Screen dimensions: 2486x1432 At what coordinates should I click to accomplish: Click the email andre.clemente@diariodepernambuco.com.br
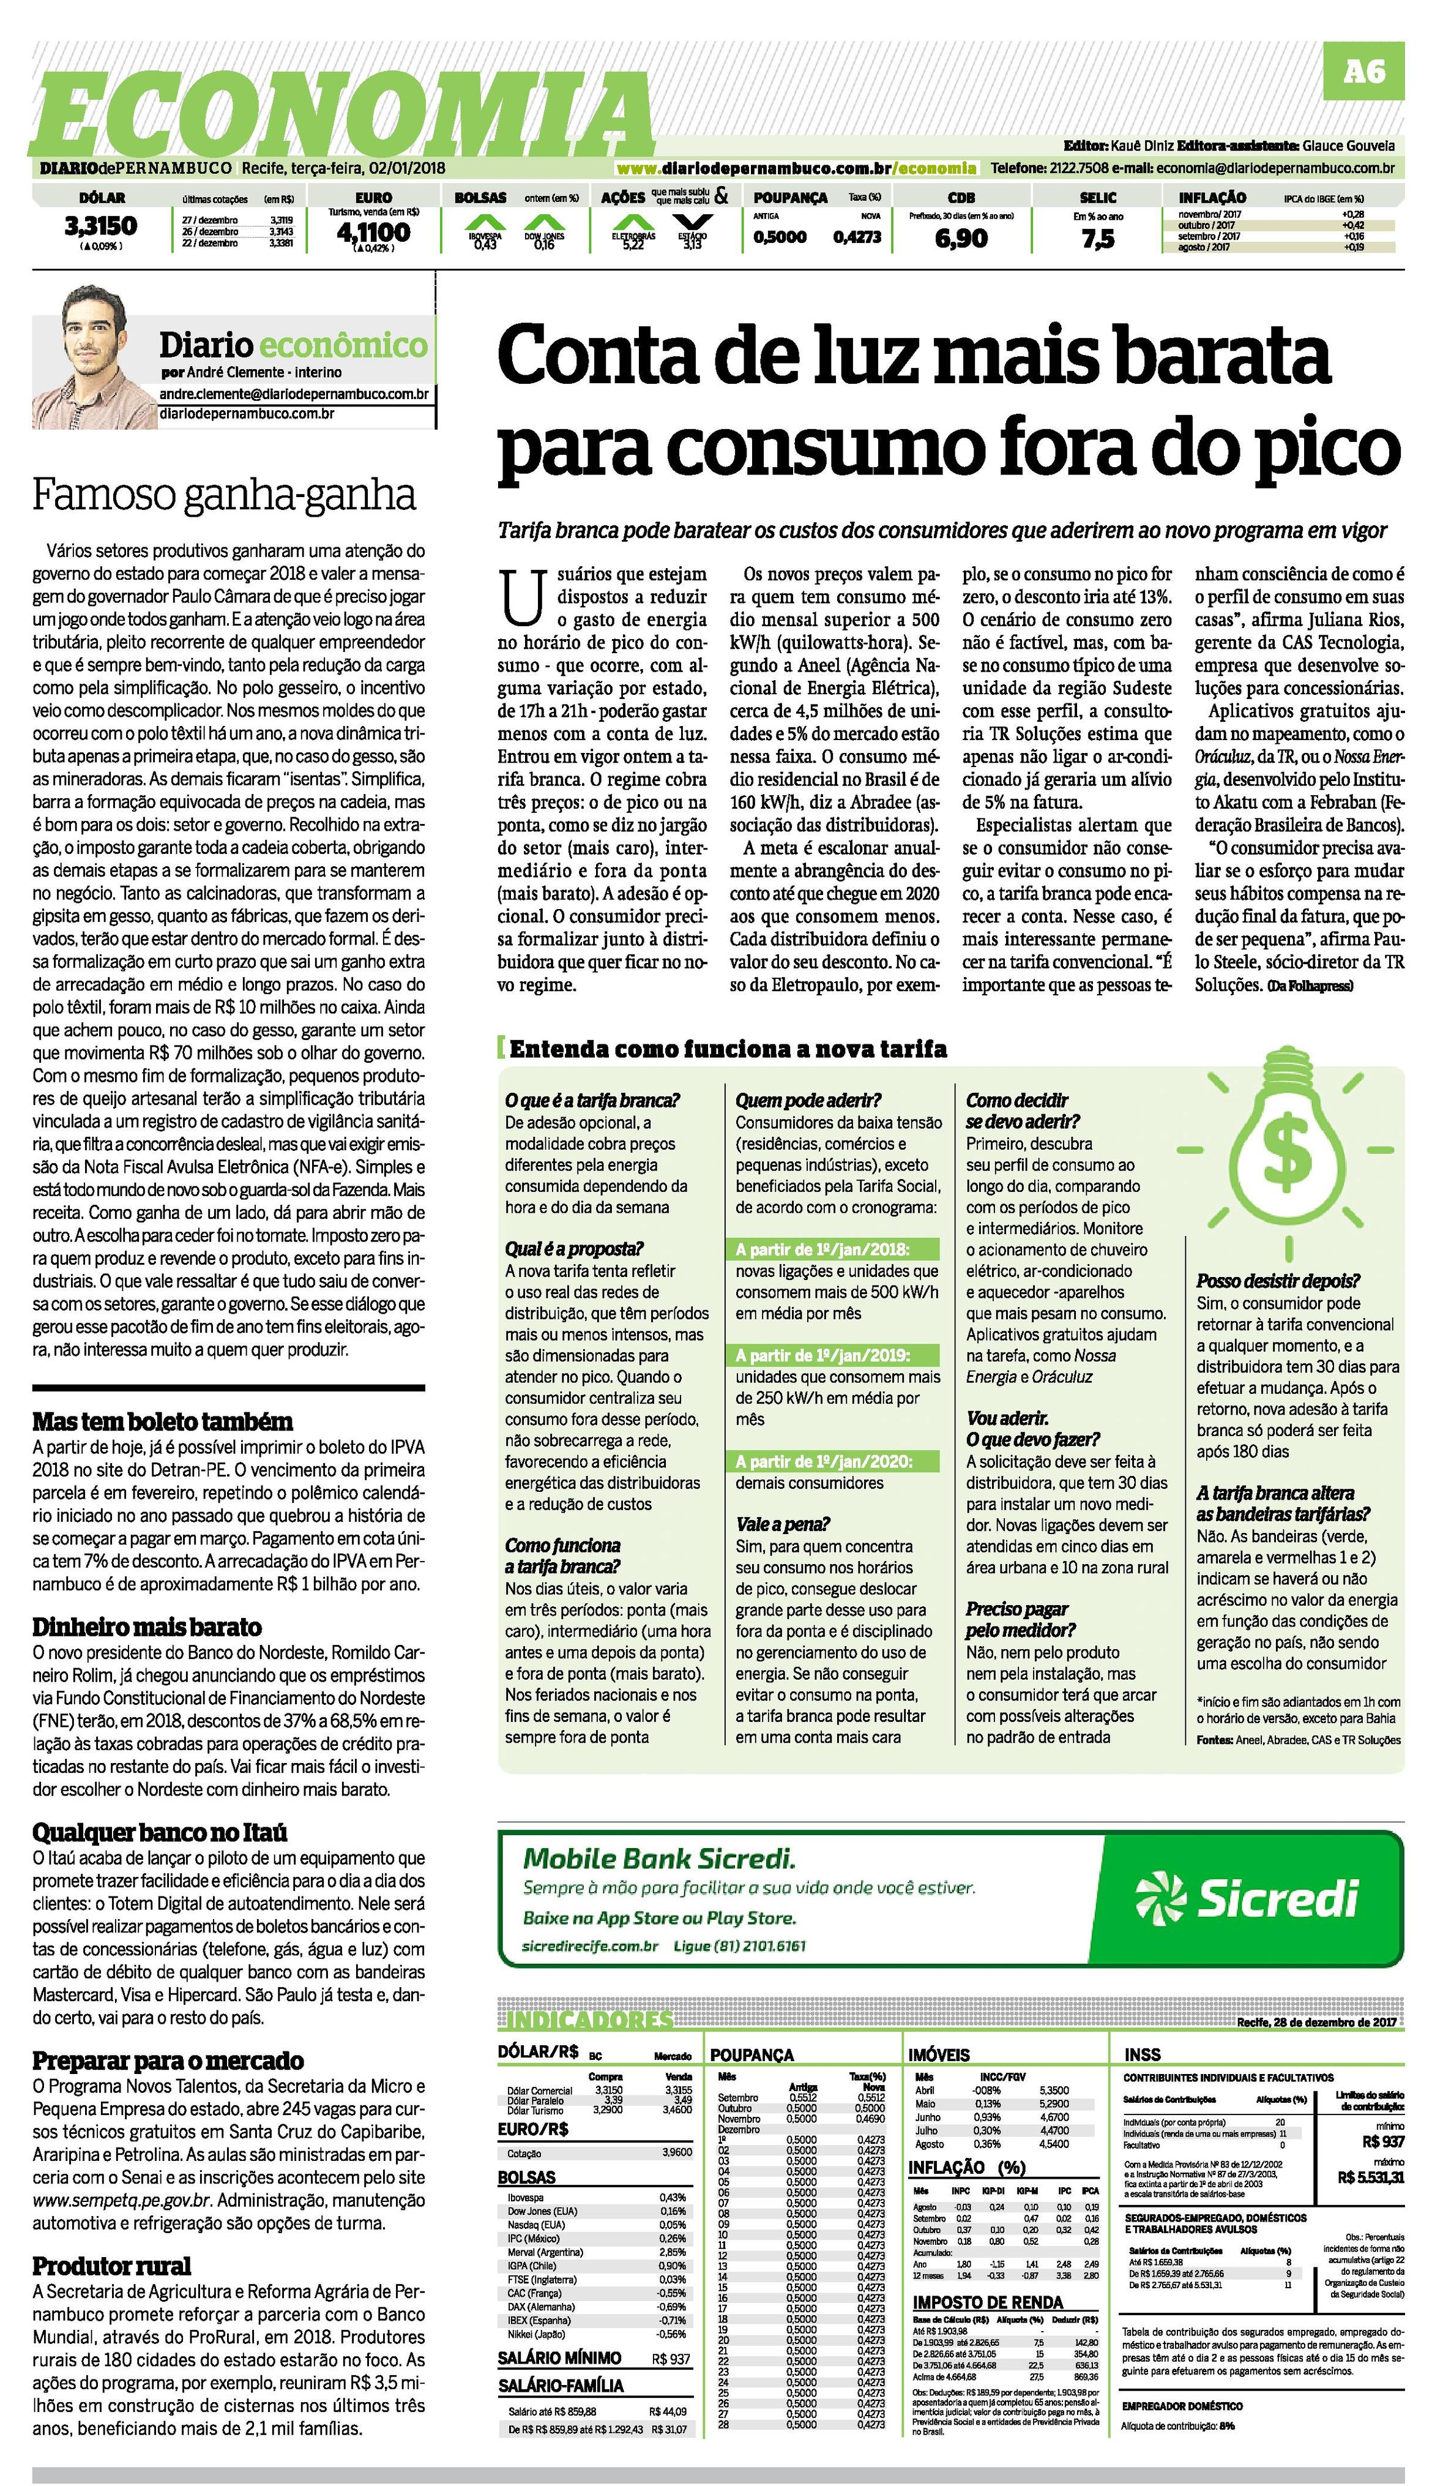click(x=294, y=394)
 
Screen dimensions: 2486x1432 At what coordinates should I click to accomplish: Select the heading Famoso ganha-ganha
click(x=224, y=495)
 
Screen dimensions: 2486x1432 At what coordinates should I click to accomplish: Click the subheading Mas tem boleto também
click(x=162, y=1421)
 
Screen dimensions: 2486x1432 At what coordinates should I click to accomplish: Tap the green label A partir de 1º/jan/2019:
click(x=823, y=1355)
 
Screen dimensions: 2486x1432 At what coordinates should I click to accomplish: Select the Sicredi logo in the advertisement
click(x=1246, y=1898)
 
